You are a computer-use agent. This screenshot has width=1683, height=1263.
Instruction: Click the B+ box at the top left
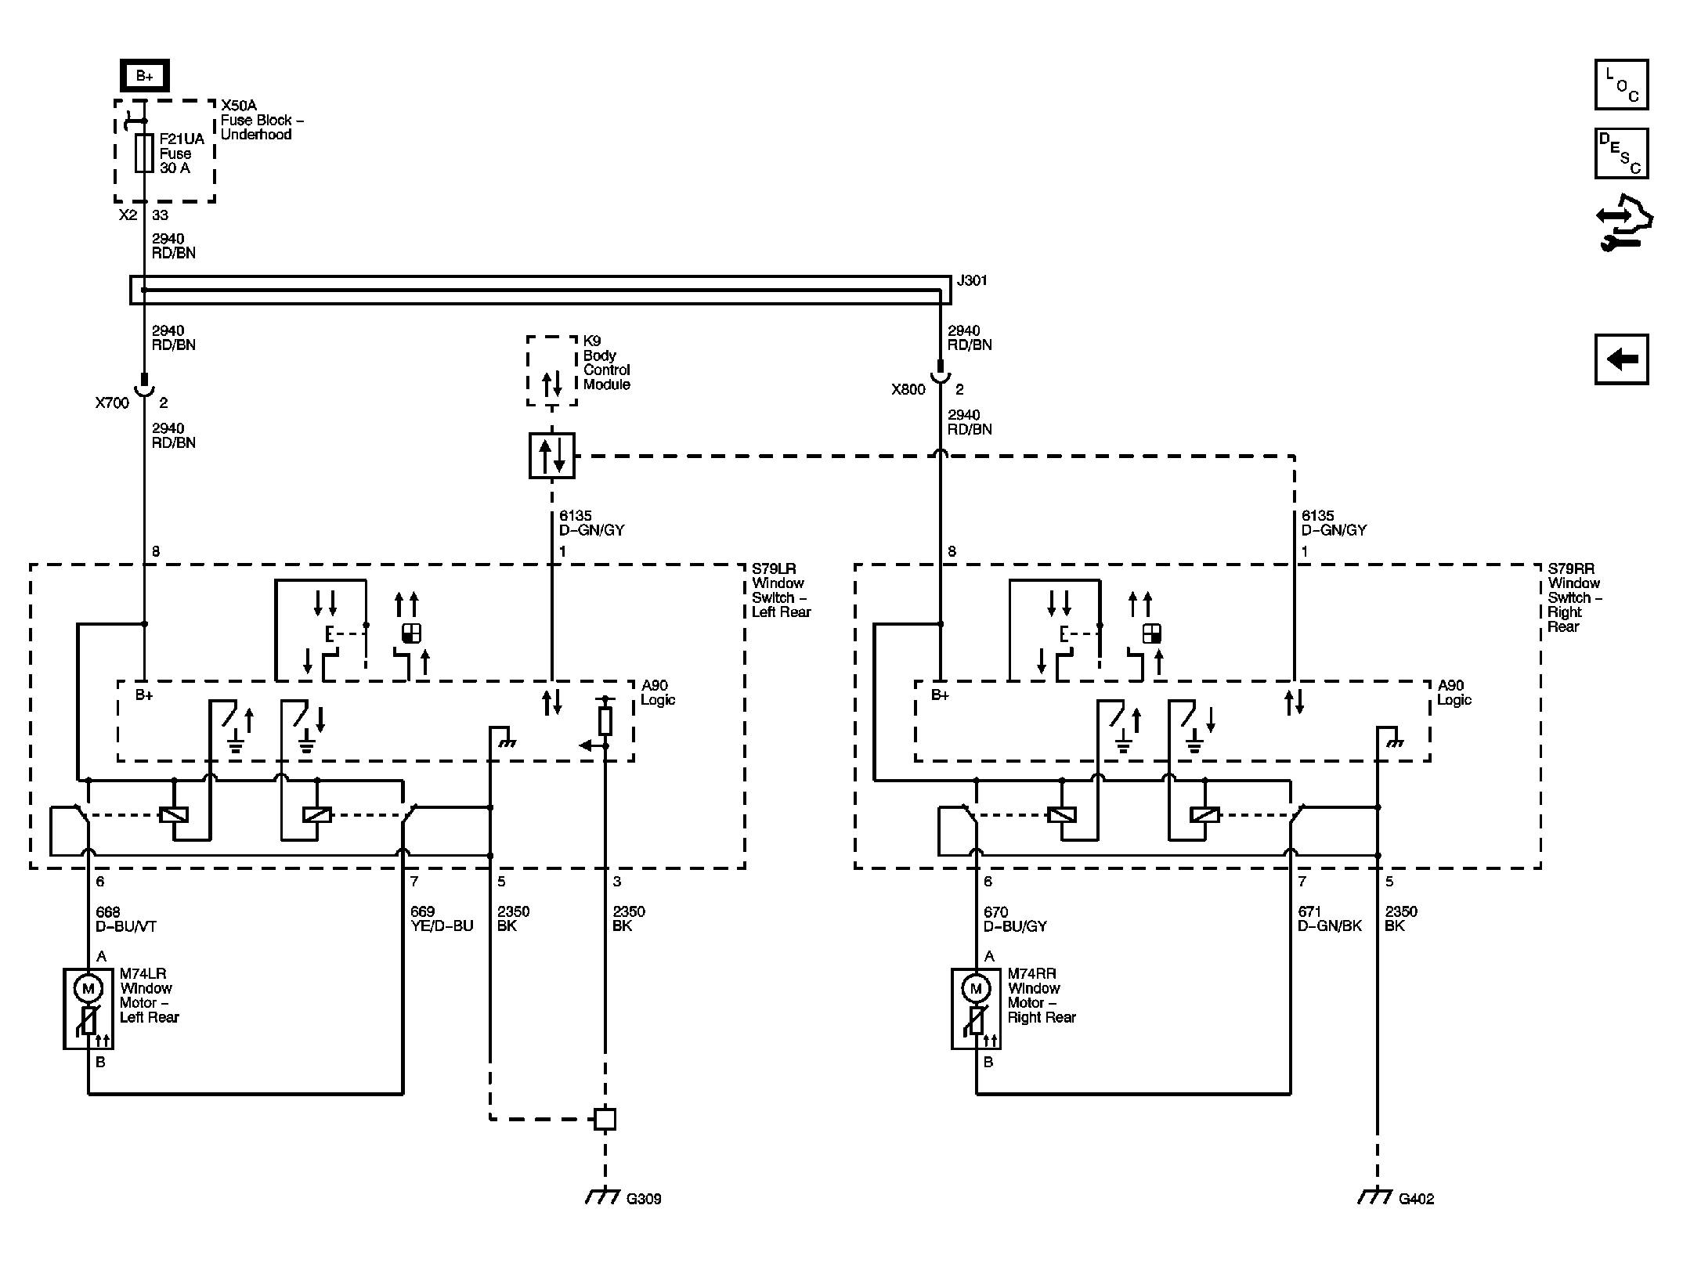(x=145, y=76)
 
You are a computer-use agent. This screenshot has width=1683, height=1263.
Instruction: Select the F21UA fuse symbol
(x=144, y=153)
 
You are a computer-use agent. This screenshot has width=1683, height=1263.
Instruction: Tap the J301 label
(x=972, y=280)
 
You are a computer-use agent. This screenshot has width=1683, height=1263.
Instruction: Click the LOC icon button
(x=1622, y=85)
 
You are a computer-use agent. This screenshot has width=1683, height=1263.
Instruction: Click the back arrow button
(x=1622, y=359)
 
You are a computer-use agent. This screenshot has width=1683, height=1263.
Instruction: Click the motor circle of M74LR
(x=88, y=988)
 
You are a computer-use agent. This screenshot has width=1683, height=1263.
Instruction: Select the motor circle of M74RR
(x=976, y=988)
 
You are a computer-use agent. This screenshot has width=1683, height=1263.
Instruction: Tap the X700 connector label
(x=112, y=403)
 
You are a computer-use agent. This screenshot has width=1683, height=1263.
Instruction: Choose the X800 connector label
(x=908, y=389)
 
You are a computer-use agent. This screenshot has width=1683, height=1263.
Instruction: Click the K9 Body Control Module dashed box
(x=552, y=371)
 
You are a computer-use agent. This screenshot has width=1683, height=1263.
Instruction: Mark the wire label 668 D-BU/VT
(x=126, y=919)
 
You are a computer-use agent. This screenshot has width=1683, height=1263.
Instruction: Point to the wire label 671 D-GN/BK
(x=1330, y=919)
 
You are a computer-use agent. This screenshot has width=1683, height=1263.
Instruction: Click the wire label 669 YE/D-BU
(x=442, y=919)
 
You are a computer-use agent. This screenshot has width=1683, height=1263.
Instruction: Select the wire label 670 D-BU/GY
(x=1015, y=919)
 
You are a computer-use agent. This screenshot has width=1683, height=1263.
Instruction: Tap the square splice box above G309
(x=605, y=1119)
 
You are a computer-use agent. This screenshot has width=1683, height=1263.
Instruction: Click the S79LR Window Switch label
(x=781, y=590)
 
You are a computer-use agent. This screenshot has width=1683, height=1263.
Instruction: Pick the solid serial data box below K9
(x=552, y=456)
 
